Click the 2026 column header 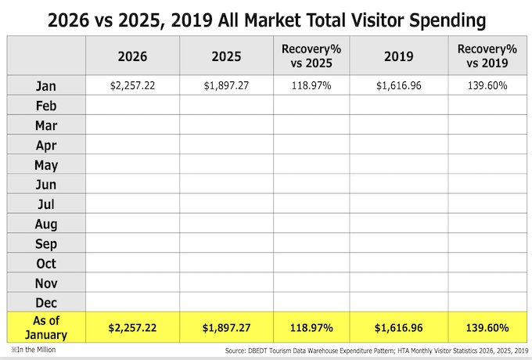pos(132,56)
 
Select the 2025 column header pos(226,56)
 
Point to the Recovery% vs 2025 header pos(313,56)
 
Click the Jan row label pos(46,85)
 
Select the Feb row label pos(46,106)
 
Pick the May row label pos(46,165)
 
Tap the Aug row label pos(46,224)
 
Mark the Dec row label pos(46,302)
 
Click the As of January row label pos(46,326)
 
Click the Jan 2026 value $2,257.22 pos(132,85)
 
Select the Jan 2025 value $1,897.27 pos(226,85)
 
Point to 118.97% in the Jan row pos(313,85)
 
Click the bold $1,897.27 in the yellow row pos(226,327)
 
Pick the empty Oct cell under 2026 pos(132,263)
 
